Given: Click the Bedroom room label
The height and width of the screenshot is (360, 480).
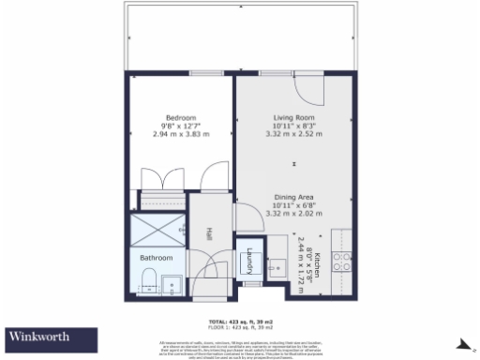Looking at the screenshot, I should (180, 117).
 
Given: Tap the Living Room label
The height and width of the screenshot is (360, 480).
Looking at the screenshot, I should (293, 117).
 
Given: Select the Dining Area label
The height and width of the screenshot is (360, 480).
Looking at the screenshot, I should (293, 197).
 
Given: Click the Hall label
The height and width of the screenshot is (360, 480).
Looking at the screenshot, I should (209, 234).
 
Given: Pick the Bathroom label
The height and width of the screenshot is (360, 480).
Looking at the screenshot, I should (157, 257).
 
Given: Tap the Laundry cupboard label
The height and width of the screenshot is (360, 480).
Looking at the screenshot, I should (250, 262).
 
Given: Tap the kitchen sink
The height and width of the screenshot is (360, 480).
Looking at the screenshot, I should (277, 266).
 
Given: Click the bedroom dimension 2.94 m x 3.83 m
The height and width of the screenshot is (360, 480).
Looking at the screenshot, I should (180, 134).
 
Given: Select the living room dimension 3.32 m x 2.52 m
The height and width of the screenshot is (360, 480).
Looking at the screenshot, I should (293, 134).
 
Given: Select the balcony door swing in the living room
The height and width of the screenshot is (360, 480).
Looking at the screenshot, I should (307, 89).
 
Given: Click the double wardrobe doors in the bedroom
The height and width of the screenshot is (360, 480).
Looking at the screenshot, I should (157, 178).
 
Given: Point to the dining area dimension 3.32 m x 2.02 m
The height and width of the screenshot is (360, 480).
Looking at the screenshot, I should (293, 214).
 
